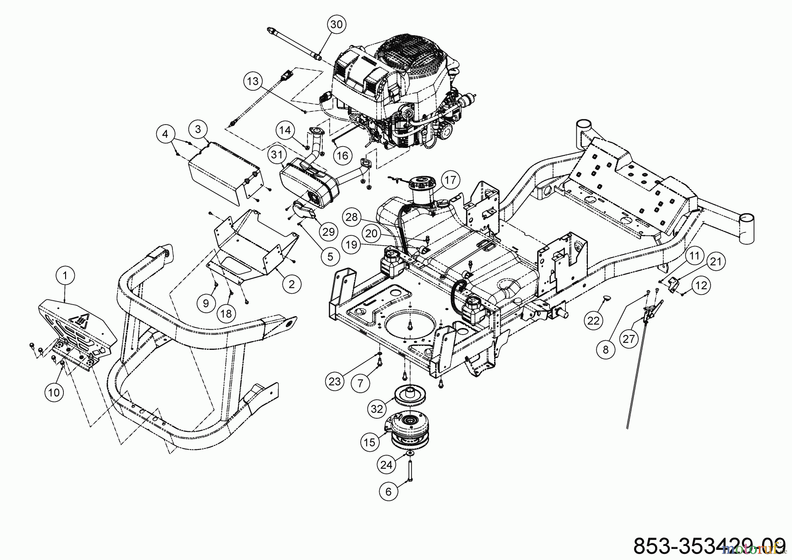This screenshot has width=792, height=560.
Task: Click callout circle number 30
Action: (336, 25)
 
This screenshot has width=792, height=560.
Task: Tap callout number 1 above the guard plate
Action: (66, 276)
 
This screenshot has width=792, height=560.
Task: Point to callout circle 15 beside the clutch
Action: (370, 442)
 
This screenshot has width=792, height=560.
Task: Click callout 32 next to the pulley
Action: (377, 409)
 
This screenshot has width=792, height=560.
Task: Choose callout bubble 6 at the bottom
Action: (388, 491)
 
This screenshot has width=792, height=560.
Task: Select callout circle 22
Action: (594, 321)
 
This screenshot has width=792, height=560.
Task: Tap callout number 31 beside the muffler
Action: (277, 155)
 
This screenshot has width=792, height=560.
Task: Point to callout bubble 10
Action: (54, 392)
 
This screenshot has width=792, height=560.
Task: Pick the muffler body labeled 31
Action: (308, 185)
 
